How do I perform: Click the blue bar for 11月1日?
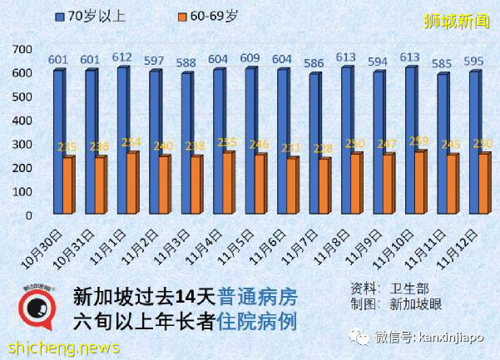pyautogui.click(x=121, y=141)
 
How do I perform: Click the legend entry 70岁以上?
pyautogui.click(x=88, y=17)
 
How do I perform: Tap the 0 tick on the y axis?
pyautogui.click(x=27, y=215)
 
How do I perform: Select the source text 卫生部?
pyautogui.click(x=408, y=288)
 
